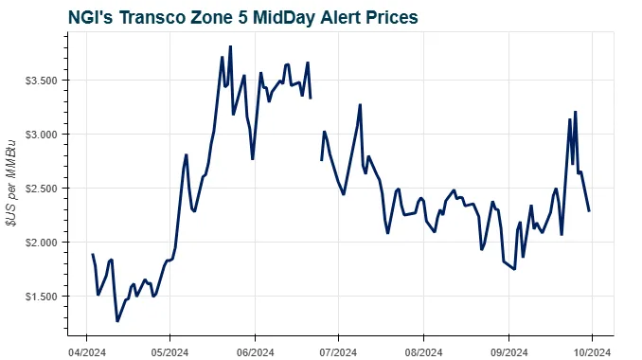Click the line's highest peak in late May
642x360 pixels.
[230, 46]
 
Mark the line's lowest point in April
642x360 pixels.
[117, 321]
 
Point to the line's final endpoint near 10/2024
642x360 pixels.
[589, 210]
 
